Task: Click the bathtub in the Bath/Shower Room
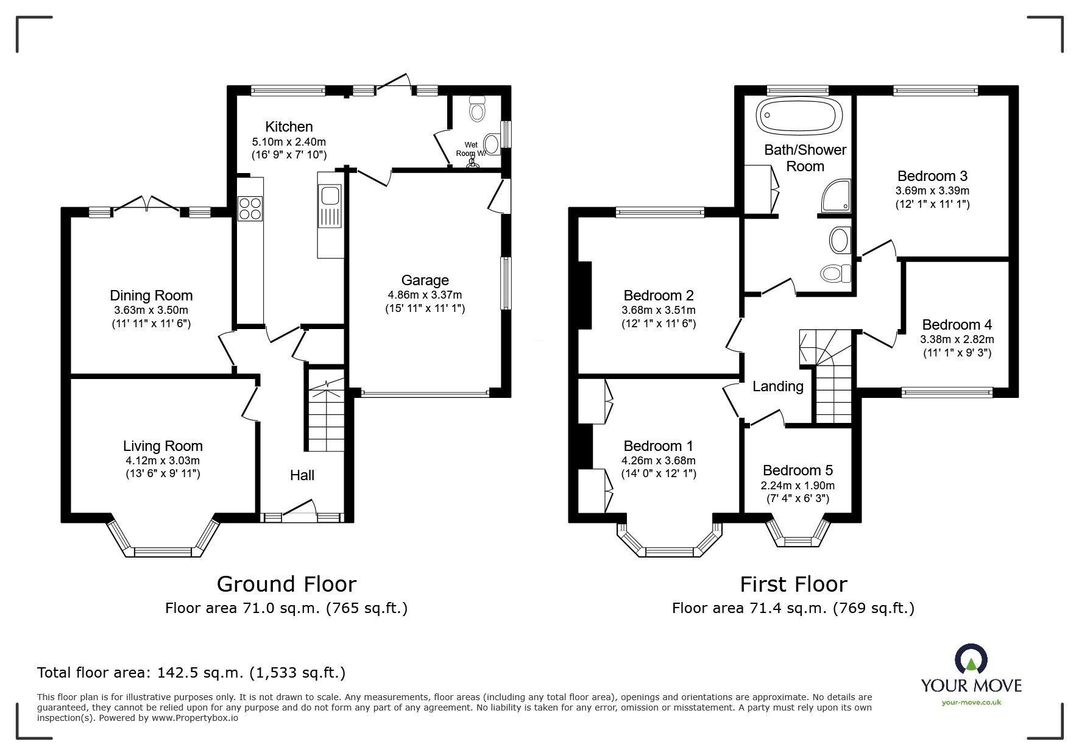point(799,116)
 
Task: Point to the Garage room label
point(425,280)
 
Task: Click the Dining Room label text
point(151,296)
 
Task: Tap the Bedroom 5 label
point(798,470)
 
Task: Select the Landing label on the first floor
point(778,386)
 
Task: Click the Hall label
point(302,475)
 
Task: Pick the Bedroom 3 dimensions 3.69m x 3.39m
point(932,191)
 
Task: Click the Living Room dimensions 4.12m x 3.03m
point(162,461)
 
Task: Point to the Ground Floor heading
point(286,584)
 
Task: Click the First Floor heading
point(793,584)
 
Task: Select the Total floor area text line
point(191,673)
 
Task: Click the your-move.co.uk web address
point(971,703)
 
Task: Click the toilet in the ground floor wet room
point(476,109)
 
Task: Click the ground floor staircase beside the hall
point(327,411)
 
